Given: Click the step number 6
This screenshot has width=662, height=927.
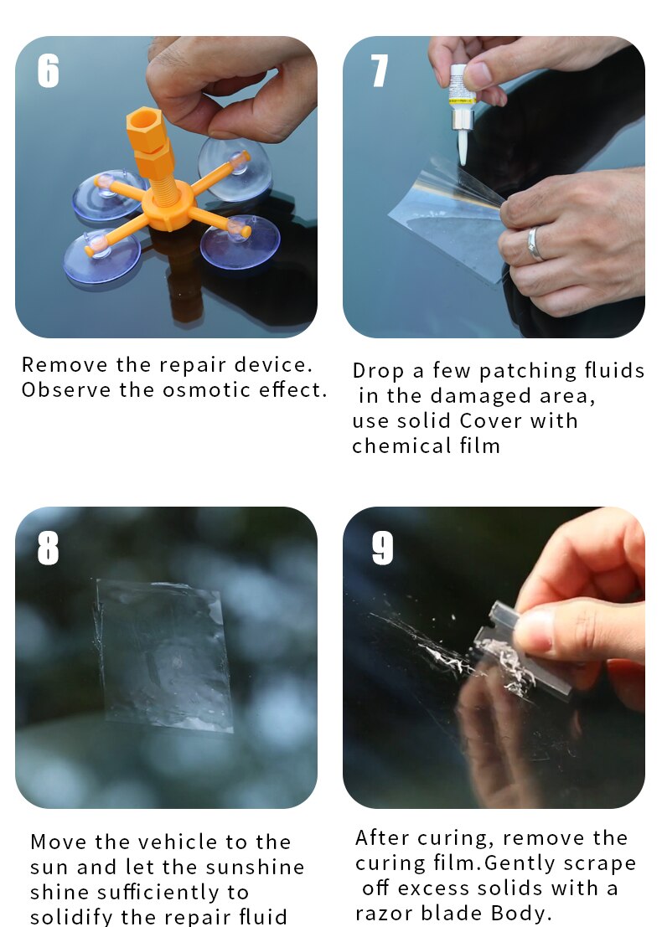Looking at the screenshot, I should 48,71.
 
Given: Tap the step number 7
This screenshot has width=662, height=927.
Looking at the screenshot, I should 379,71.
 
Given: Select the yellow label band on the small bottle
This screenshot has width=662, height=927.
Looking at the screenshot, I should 462,100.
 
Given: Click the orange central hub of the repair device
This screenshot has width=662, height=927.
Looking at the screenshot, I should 168,206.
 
